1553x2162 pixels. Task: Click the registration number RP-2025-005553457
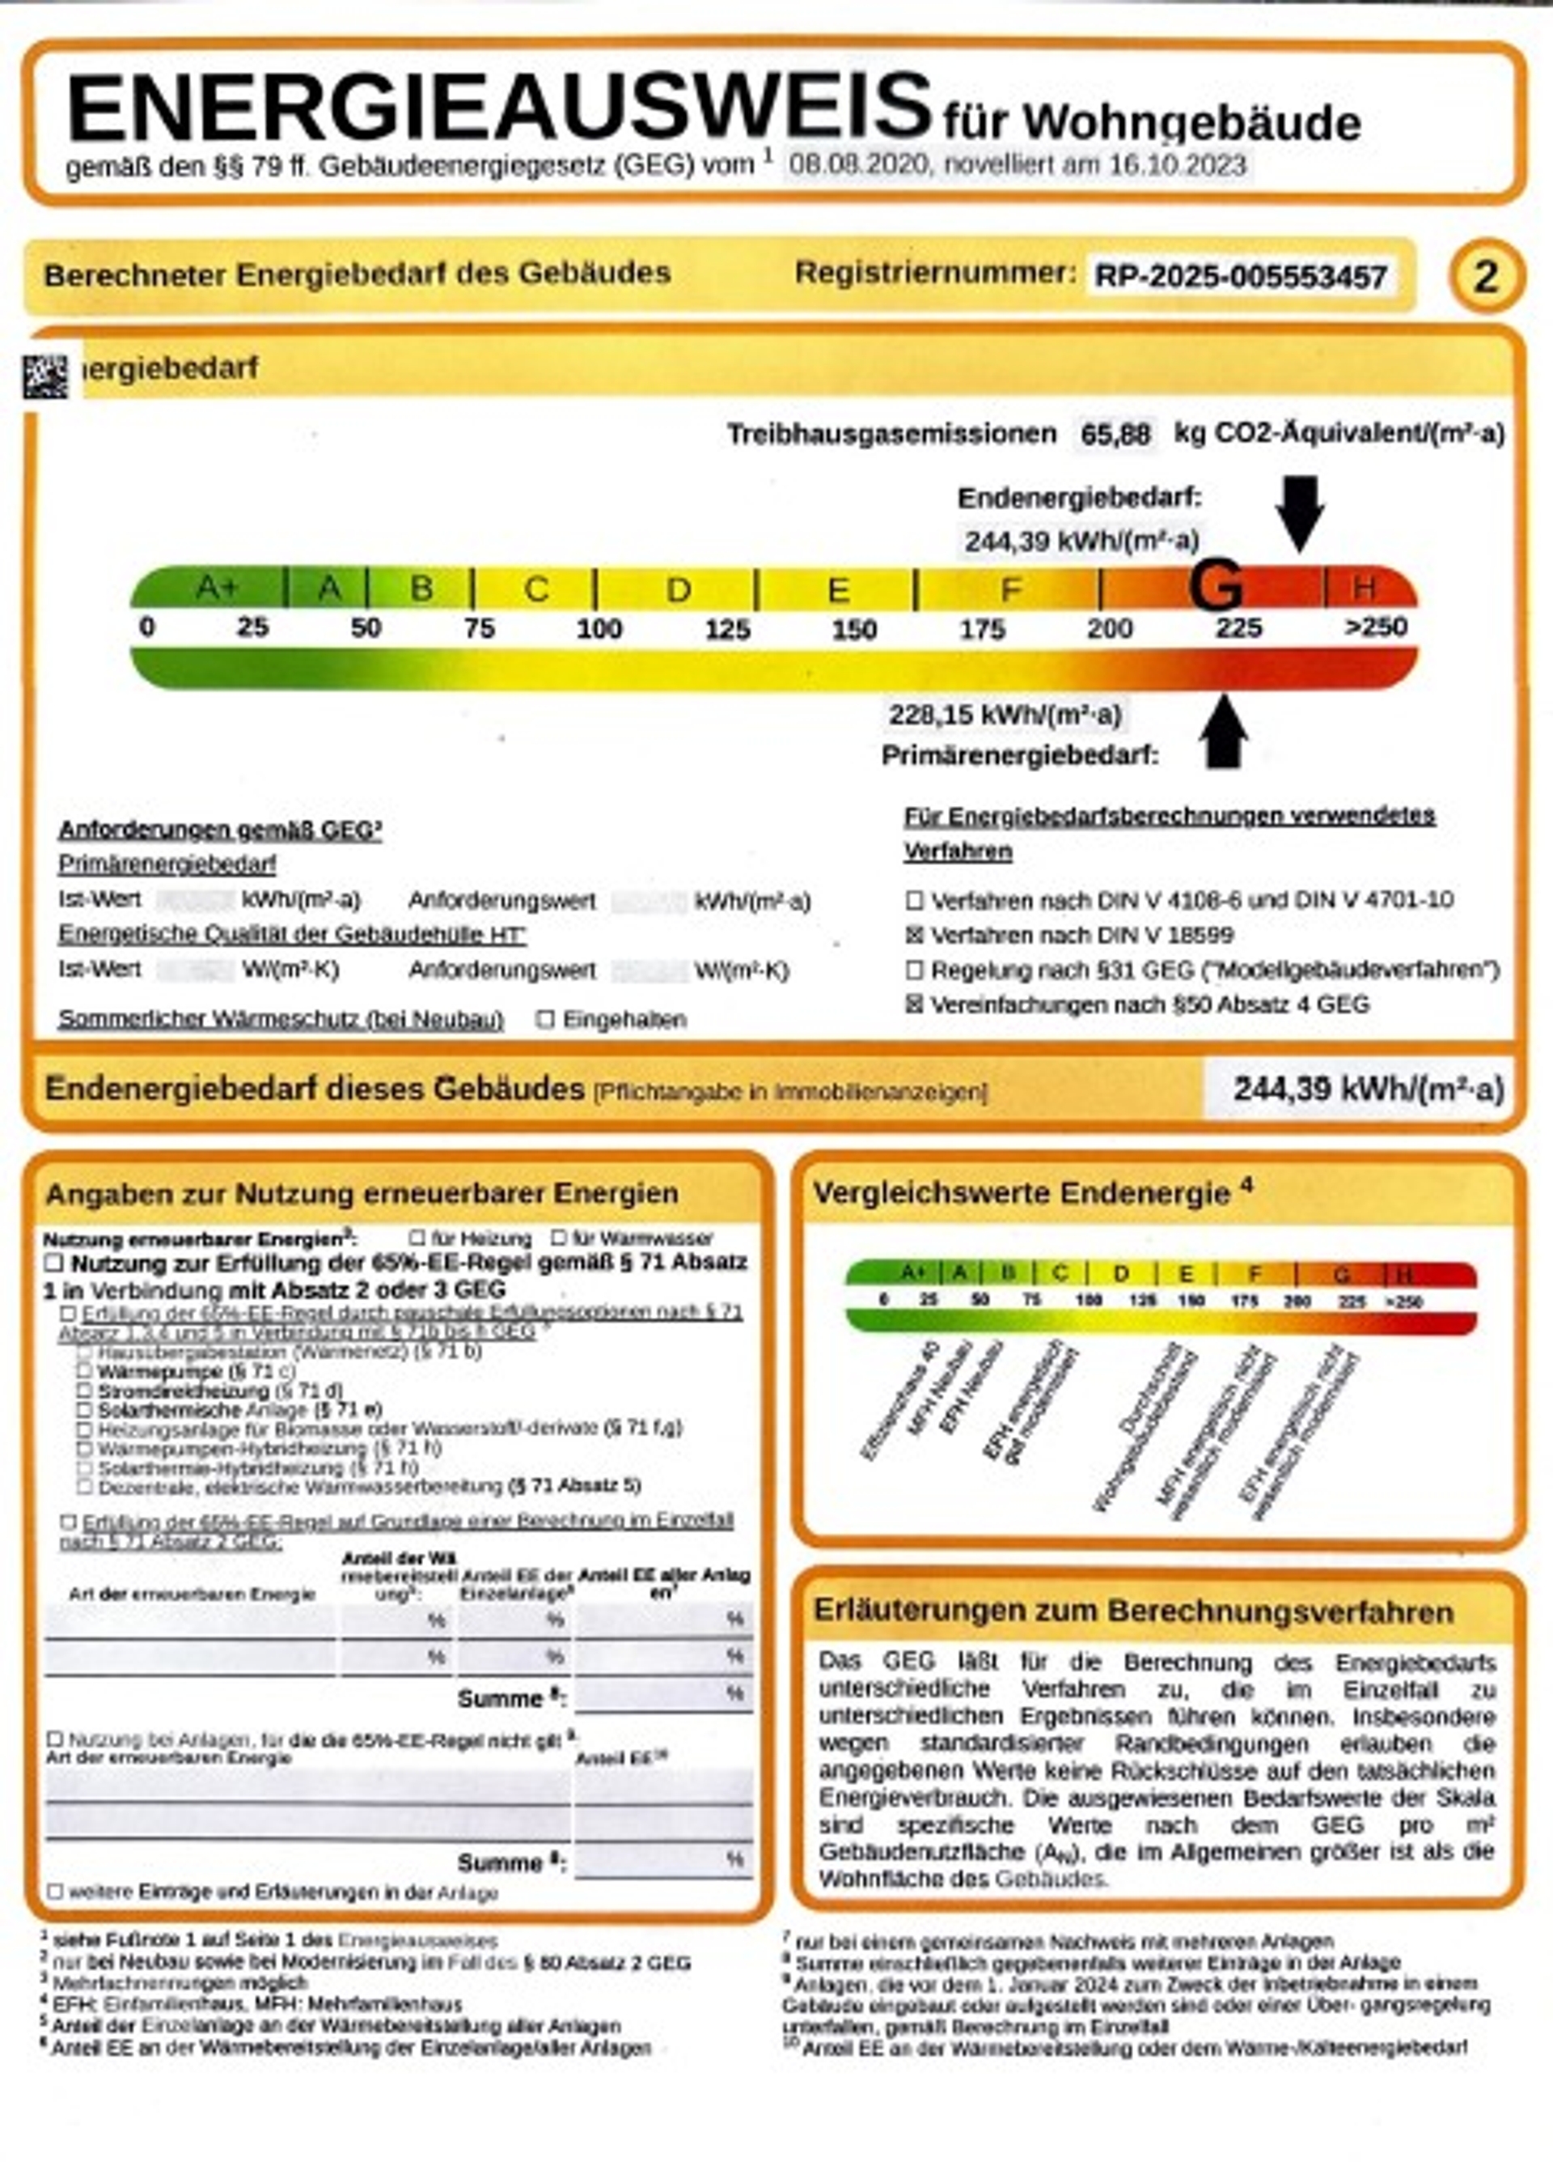1241,278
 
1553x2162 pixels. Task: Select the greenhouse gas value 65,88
1115,435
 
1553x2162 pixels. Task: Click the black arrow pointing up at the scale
1225,732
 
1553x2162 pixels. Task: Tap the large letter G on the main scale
1217,585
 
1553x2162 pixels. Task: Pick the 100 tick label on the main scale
599,629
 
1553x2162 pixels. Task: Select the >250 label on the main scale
1375,627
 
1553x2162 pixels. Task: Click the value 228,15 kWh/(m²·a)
1005,715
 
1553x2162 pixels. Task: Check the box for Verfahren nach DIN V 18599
915,935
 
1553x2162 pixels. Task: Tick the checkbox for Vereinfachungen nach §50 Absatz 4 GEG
915,1005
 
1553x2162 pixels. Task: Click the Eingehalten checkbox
545,1019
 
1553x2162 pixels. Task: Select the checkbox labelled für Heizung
417,1238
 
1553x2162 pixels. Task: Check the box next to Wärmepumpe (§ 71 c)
85,1372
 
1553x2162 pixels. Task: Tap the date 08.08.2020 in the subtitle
858,166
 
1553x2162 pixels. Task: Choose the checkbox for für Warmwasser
559,1238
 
